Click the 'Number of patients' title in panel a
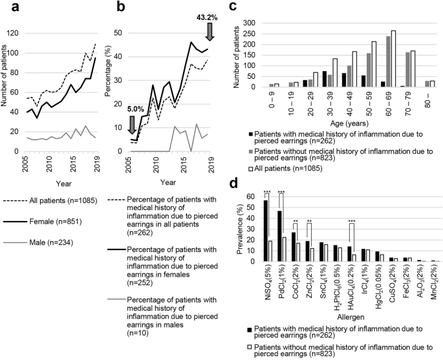click(x=6, y=81)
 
